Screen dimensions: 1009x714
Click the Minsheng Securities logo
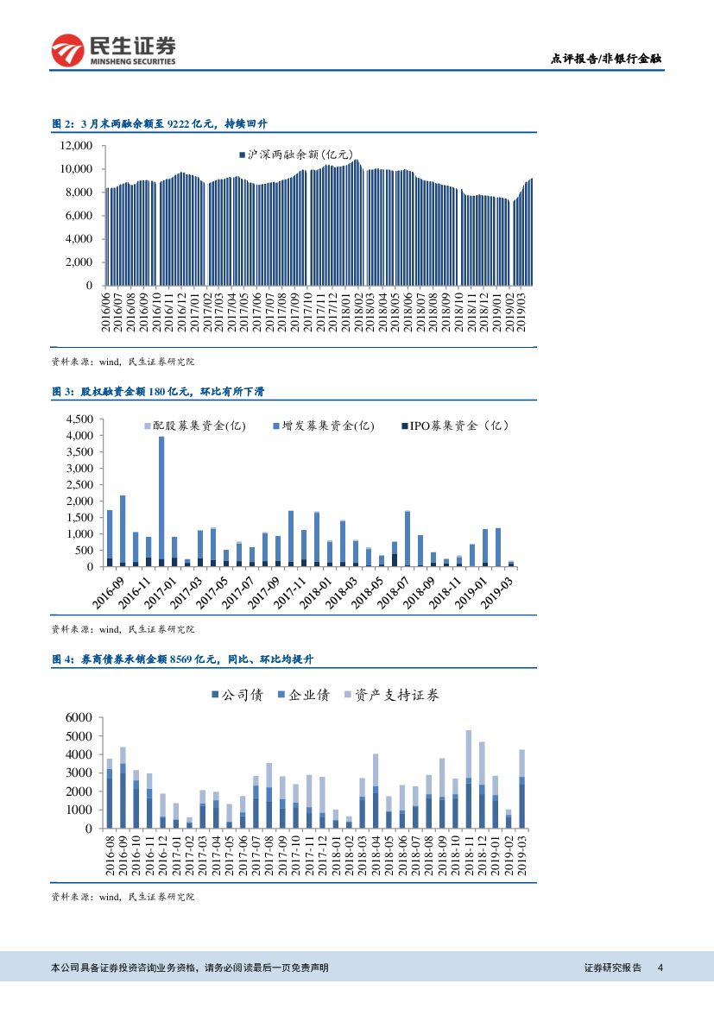coord(113,51)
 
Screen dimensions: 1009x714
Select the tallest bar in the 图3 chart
coord(161,501)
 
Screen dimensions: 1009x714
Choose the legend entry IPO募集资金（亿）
coord(454,426)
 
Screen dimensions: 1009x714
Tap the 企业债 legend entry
coord(303,694)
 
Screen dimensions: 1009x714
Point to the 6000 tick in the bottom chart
coord(78,718)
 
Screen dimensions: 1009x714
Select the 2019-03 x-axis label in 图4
coord(521,855)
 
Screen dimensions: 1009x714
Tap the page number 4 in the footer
coord(660,968)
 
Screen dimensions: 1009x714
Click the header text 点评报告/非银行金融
coord(606,59)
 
